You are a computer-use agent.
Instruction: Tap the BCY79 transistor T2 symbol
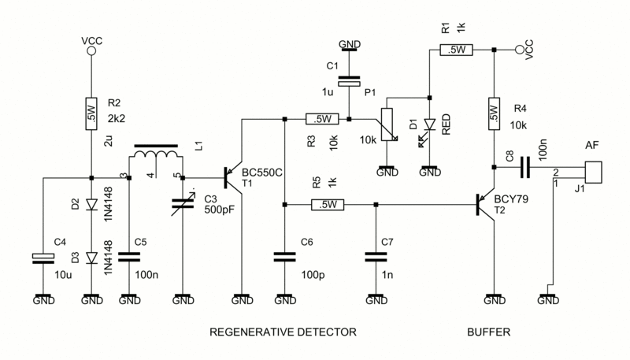coord(487,206)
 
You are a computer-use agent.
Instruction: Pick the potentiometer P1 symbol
coord(387,125)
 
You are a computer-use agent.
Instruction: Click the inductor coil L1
coord(156,159)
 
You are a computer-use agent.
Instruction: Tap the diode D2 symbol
coord(91,206)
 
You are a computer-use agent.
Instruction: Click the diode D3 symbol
coord(91,257)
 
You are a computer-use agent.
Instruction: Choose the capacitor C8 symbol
coord(522,166)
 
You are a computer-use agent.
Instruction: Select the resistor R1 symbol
coord(454,50)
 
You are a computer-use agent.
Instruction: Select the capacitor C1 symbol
coord(347,79)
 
